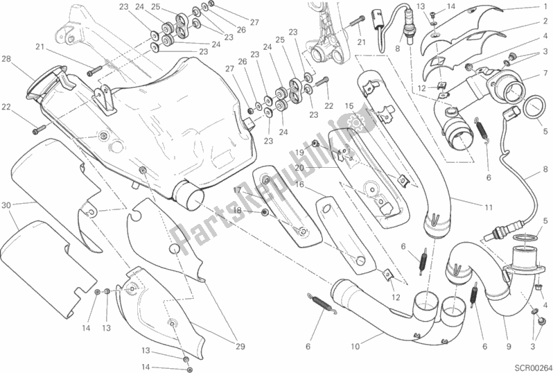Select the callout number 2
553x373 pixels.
[x=545, y=21]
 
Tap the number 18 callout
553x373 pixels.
[x=237, y=211]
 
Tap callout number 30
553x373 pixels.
[x=6, y=205]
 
